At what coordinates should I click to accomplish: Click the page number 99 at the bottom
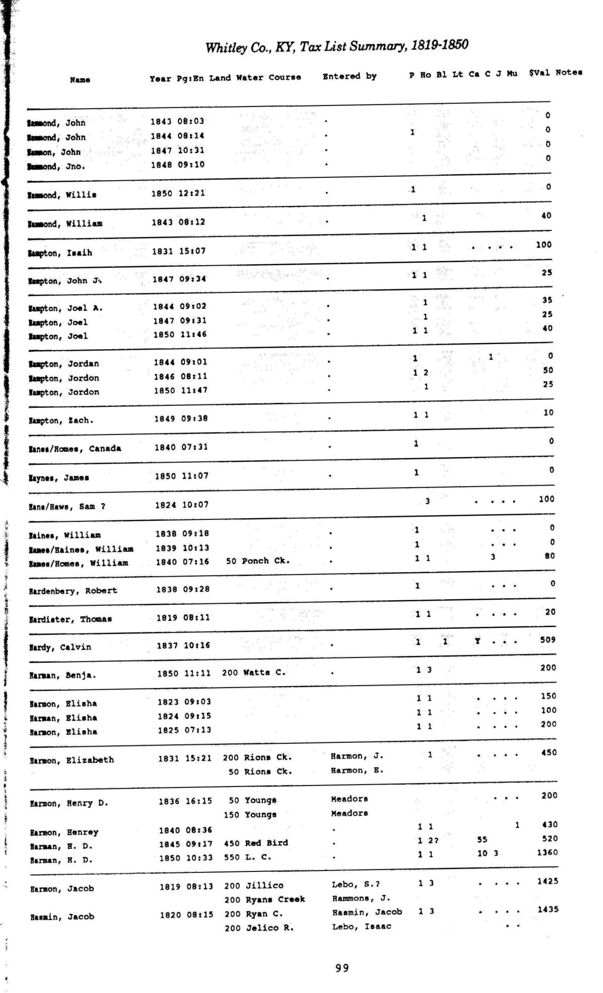342,968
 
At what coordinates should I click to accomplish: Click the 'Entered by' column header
349,76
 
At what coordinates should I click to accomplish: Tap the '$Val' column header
539,73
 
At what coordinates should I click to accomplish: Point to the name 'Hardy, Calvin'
60,647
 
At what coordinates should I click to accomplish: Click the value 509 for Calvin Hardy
548,640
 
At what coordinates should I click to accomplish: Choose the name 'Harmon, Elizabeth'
71,760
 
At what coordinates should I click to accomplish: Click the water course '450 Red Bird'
256,843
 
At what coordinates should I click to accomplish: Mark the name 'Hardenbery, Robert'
73,591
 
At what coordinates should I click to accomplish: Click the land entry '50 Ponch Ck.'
257,561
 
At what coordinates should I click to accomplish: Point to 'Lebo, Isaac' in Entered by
361,926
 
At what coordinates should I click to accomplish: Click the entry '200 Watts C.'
253,673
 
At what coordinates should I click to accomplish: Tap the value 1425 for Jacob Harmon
547,881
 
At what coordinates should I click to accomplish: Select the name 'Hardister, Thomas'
70,619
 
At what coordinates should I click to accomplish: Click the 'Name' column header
80,80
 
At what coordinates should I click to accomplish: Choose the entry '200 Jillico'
254,886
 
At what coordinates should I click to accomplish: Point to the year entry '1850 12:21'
178,193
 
